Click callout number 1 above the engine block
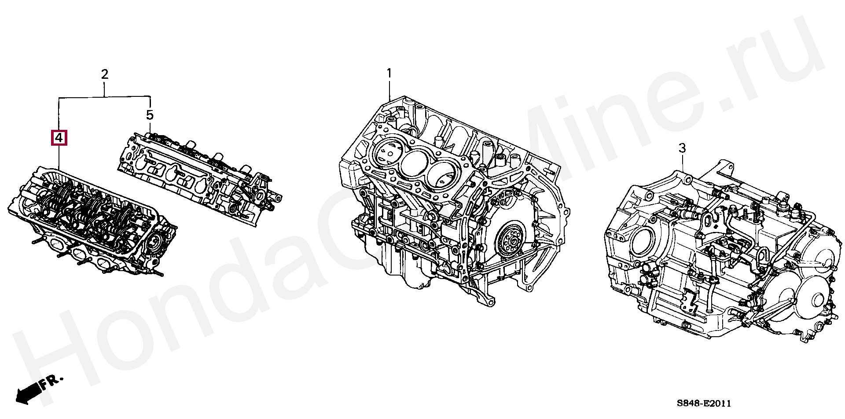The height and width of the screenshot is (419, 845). coord(389,73)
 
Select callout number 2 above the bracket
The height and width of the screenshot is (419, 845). coord(105,74)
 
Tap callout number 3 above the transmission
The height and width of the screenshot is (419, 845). coord(682,148)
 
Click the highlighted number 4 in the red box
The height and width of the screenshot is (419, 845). coord(59,138)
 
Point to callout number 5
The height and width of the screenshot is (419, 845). coord(150,115)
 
